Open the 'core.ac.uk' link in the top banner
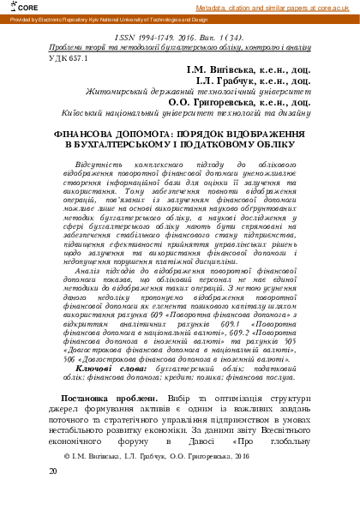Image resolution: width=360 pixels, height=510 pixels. tap(337, 7)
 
